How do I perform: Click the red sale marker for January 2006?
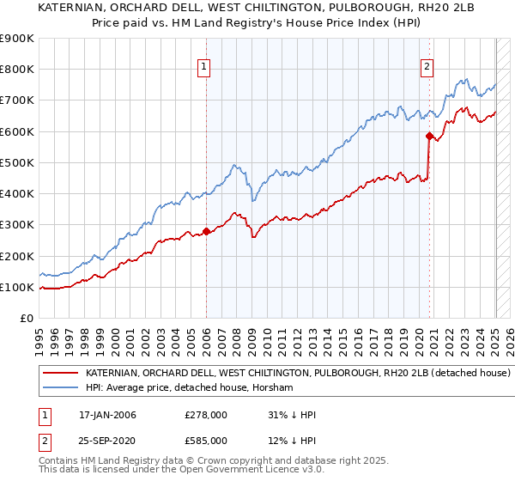[x=207, y=231]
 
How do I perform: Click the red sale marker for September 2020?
[x=429, y=136]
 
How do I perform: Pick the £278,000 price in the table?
[x=206, y=415]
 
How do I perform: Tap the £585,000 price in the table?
[x=206, y=441]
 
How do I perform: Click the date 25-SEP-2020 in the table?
[x=107, y=441]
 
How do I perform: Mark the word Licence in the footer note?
[x=238, y=472]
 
